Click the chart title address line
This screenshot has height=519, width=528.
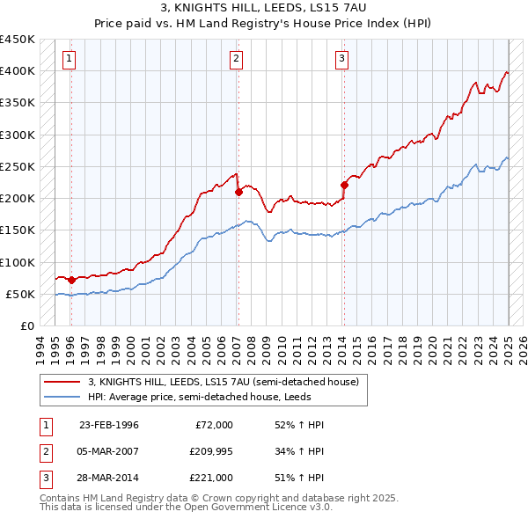pos(263,8)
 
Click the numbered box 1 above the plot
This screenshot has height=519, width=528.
pos(69,59)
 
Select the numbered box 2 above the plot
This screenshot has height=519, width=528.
pos(237,59)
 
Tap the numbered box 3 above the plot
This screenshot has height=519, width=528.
pos(341,59)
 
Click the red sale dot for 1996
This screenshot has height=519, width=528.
pos(71,280)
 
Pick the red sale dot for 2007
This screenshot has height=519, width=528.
pos(238,192)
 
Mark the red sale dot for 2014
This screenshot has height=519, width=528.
pos(344,185)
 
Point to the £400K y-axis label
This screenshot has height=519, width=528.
pos(17,71)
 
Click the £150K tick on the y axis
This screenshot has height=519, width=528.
pos(17,230)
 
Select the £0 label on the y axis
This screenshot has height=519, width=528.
pos(26,325)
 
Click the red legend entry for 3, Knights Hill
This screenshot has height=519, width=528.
pos(223,383)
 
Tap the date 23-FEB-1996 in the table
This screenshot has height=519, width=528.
pos(109,425)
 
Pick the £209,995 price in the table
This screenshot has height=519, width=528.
pos(209,451)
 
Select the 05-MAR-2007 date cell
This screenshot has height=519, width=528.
pos(109,451)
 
